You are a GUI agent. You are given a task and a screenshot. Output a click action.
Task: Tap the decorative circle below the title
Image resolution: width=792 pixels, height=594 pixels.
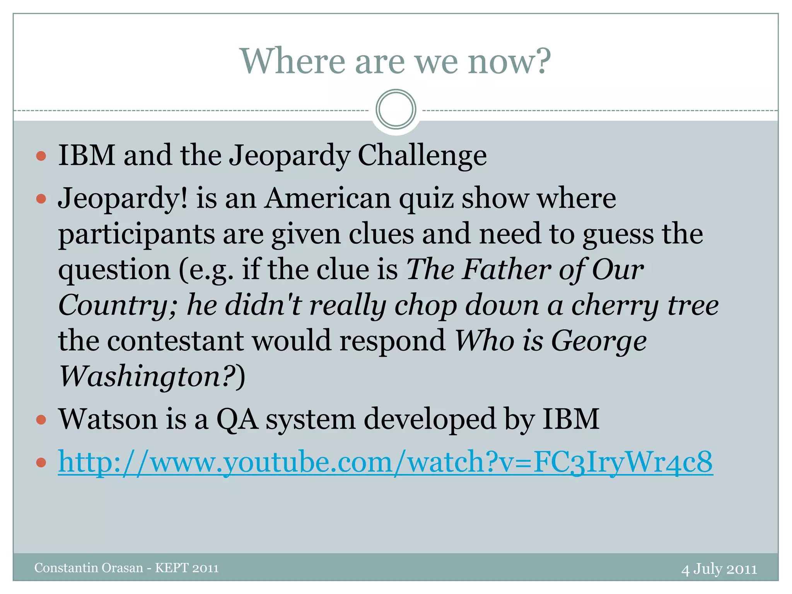coord(396,109)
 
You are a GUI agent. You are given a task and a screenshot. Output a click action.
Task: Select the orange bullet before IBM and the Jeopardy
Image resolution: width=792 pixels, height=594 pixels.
coord(41,156)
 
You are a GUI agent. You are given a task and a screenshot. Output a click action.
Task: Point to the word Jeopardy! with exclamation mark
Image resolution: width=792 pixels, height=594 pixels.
coord(123,198)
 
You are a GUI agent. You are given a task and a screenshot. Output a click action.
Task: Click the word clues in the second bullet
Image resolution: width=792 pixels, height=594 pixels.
coord(381,234)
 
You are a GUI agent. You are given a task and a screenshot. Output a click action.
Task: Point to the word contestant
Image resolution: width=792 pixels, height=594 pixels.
coord(175,341)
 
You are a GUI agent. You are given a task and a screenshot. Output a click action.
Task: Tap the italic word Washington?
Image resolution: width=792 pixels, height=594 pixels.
coord(147,377)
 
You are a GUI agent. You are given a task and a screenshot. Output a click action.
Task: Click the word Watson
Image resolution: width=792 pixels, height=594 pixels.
coord(108,419)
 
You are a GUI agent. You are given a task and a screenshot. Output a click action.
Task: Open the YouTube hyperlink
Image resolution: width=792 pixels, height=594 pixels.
coord(385,462)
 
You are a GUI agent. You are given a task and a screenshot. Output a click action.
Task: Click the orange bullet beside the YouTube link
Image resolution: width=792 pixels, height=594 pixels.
coord(41,462)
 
